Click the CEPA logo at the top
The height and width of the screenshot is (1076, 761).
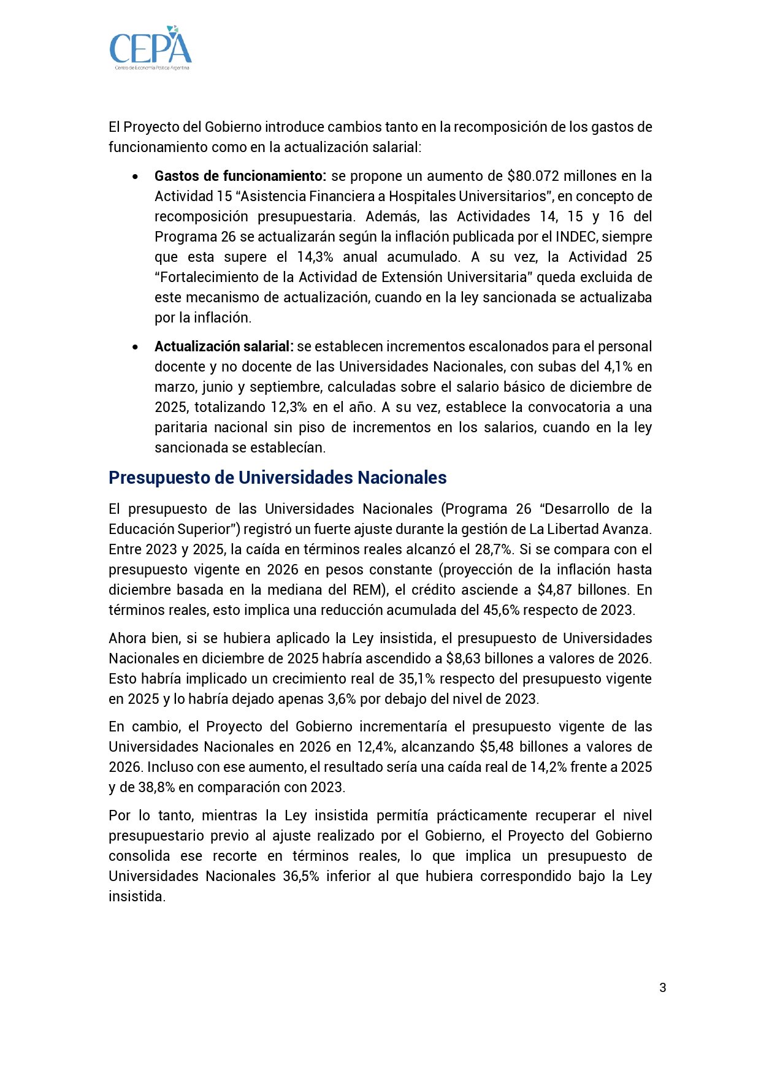(x=151, y=48)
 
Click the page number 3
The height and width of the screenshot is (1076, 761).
(x=662, y=987)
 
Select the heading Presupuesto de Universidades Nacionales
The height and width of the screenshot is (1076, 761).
(x=277, y=478)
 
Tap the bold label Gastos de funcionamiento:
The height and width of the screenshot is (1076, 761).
(x=240, y=176)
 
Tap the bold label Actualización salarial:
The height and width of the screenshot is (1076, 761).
(x=224, y=346)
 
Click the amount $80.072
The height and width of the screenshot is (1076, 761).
(x=533, y=176)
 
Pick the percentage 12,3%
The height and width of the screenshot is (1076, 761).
(x=289, y=407)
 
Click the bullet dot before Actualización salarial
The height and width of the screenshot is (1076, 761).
(x=135, y=347)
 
